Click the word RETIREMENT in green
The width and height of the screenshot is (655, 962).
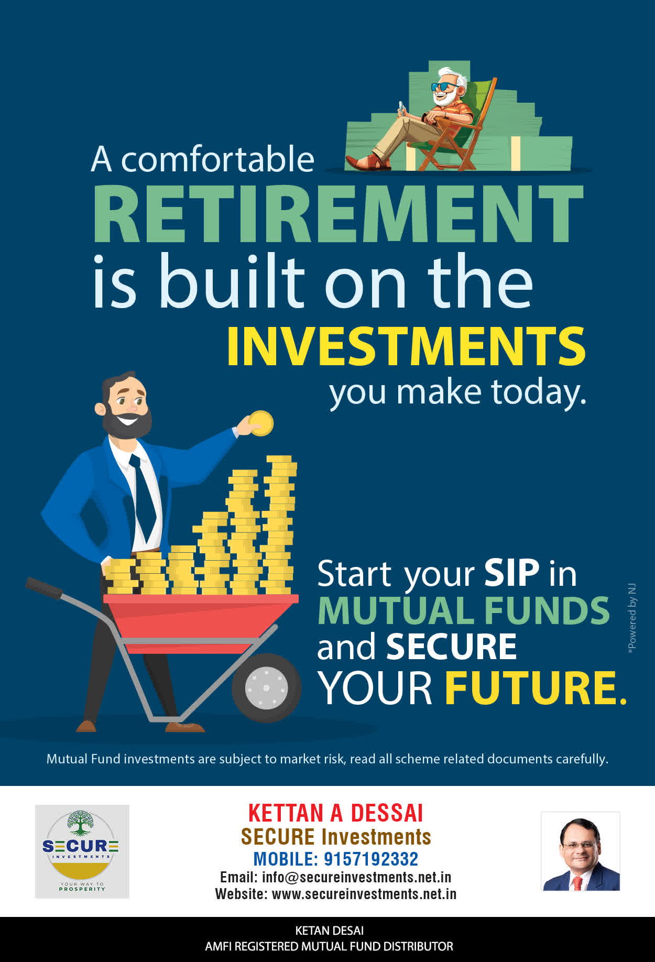338,214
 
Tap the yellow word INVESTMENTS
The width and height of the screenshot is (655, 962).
406,346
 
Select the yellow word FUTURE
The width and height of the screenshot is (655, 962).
536,687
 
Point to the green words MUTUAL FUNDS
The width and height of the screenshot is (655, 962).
464,610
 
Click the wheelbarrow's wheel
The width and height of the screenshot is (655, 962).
266,687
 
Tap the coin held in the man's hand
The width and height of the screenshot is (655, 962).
261,423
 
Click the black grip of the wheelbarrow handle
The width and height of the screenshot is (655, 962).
43,588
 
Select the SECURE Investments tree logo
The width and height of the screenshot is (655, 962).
82,851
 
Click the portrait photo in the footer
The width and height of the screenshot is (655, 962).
581,851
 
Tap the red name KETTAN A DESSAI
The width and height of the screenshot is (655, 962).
335,813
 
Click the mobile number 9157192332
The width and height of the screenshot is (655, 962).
371,859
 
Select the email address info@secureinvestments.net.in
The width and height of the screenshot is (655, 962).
357,877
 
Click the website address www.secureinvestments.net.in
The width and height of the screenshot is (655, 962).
364,894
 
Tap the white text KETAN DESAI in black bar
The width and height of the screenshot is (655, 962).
330,931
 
